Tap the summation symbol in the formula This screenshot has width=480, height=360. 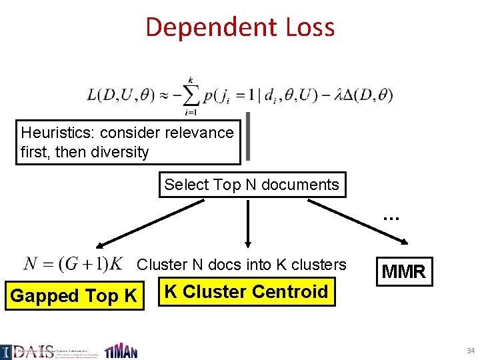190,95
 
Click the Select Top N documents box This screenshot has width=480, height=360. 252,184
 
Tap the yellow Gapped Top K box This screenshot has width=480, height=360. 73,295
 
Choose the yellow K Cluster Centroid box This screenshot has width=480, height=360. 246,292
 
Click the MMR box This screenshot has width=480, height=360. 403,271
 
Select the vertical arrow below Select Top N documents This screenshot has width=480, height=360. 248,223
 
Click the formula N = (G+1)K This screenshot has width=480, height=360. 73,263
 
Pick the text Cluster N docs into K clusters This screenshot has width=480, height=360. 241,265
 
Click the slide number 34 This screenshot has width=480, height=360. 471,351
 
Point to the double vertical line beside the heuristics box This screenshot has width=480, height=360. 249,137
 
